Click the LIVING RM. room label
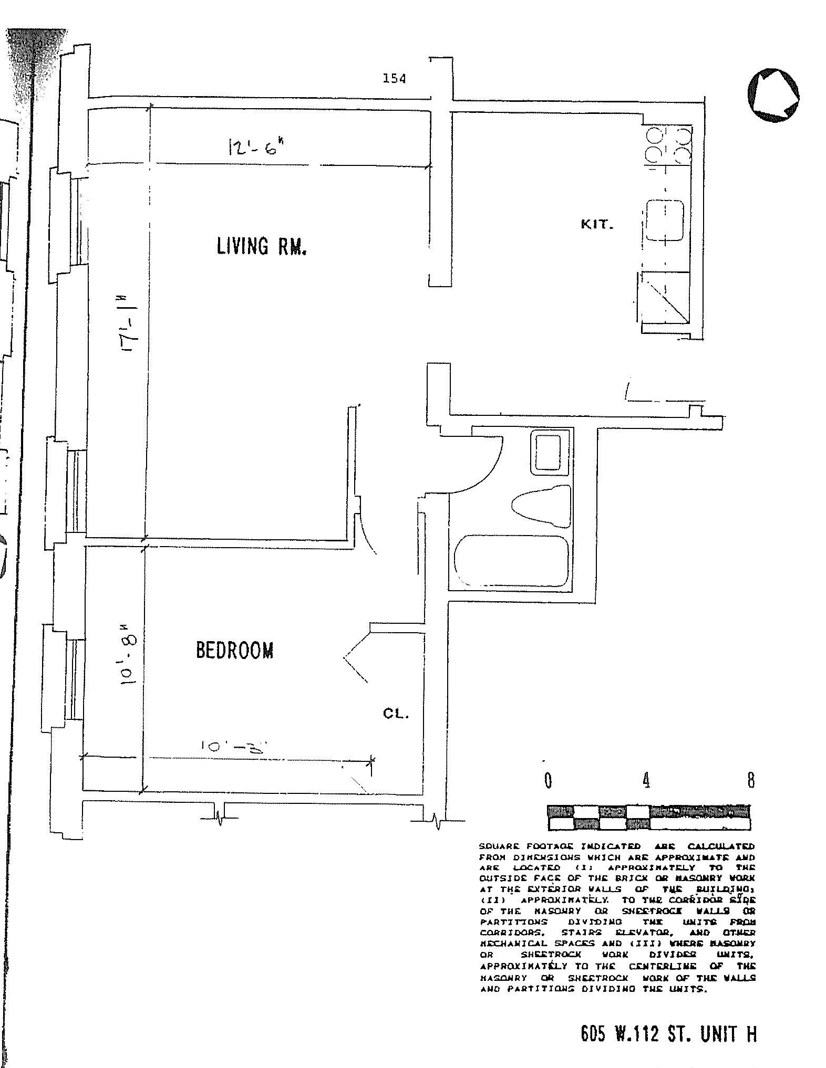pos(262,246)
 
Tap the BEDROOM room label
pos(235,651)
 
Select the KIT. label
pos(597,224)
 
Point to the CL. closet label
pos(395,714)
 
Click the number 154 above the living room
pos(394,79)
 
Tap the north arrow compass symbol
pos(773,95)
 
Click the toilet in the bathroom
pos(541,506)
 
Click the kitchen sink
pos(665,220)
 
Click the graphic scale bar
pos(648,818)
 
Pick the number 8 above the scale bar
pos(751,780)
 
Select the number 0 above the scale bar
pos(548,781)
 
